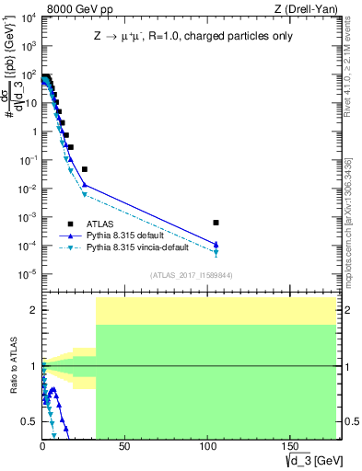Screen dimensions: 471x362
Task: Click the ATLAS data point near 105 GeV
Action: [x=216, y=223]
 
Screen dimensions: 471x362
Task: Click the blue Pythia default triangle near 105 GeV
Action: [x=216, y=244]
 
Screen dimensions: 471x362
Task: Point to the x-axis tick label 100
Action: [x=207, y=445]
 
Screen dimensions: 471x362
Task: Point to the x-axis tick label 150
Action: [x=289, y=445]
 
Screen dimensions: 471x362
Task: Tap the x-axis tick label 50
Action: [x=125, y=445]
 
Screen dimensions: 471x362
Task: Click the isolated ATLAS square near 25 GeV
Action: [x=84, y=169]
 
